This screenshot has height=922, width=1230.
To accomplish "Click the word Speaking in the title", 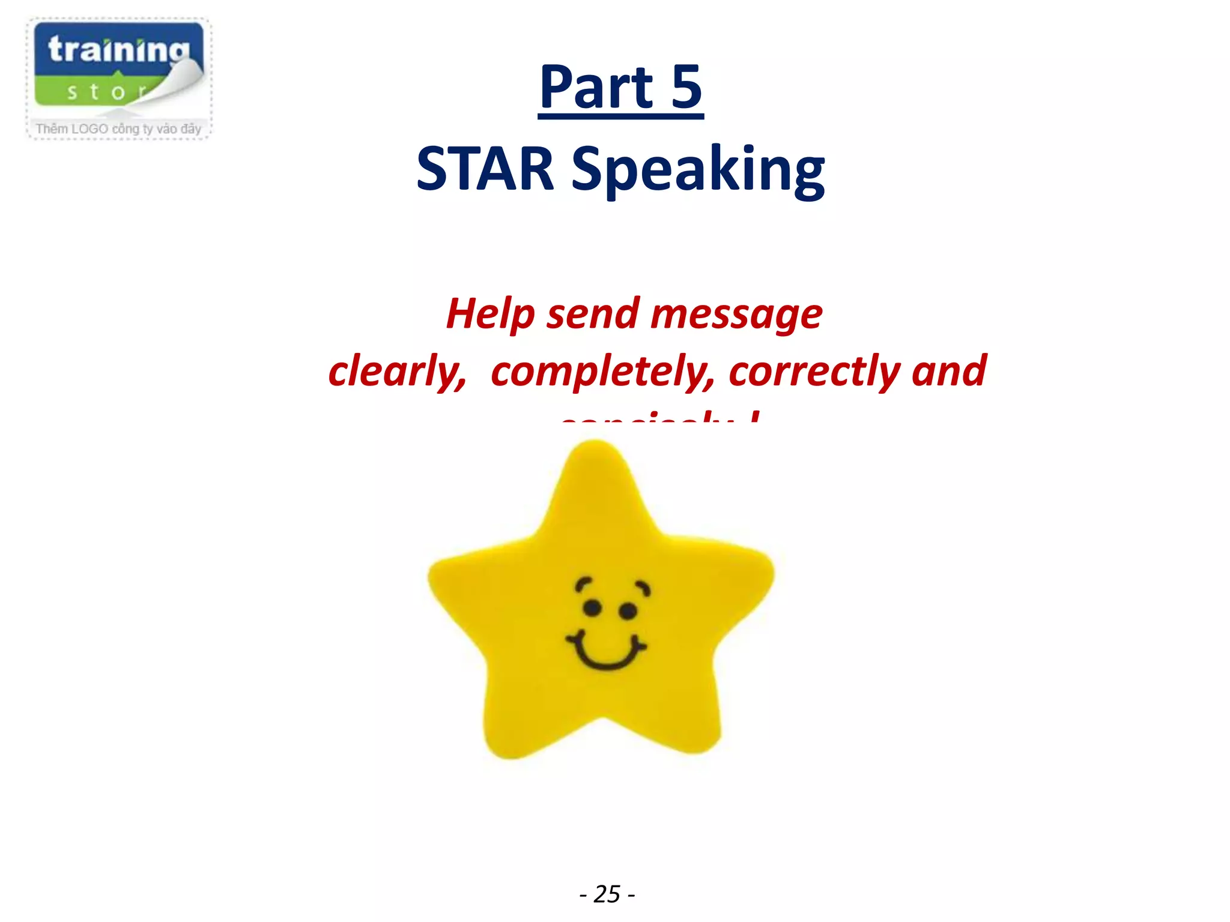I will (x=698, y=170).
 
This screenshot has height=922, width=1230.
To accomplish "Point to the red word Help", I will (x=490, y=315).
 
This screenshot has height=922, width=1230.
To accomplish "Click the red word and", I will (x=949, y=370).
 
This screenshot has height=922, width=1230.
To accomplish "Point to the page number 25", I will (x=607, y=894).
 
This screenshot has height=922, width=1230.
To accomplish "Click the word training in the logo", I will (x=118, y=50).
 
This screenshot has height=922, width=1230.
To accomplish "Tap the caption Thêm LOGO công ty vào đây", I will (x=118, y=129).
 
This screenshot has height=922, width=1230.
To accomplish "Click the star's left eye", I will (x=592, y=608).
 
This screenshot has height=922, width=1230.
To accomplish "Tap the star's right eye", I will (x=628, y=612).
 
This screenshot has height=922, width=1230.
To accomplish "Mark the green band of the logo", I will (x=90, y=92).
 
